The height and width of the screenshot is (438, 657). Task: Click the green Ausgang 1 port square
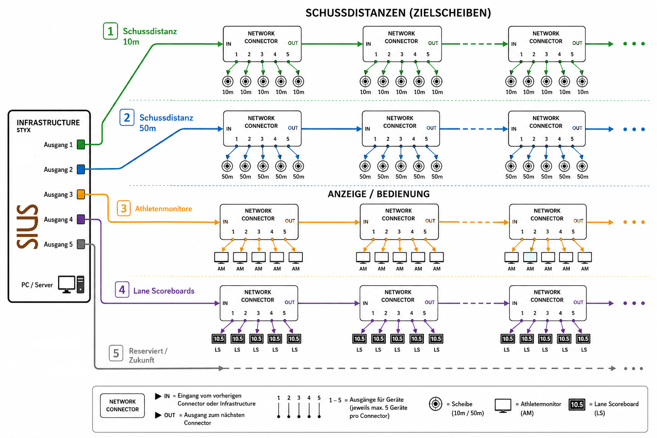81,144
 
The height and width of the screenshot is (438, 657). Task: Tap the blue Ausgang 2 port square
81,169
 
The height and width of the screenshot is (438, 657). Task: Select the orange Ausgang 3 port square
81,194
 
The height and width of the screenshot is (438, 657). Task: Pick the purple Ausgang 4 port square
81,219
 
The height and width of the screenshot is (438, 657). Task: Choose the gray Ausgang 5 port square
81,244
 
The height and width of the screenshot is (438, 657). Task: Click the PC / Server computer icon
71,284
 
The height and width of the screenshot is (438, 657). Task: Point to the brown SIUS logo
27,227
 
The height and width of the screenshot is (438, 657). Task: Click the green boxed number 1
111,31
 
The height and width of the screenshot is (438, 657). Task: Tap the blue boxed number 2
127,117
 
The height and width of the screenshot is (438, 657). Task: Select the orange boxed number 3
124,209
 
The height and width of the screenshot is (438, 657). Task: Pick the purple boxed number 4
122,290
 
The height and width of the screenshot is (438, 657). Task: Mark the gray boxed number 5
116,353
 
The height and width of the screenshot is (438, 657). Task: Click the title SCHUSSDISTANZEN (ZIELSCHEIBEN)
398,13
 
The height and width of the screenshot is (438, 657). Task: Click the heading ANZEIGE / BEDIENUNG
379,194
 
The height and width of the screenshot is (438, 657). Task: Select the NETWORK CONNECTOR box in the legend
122,405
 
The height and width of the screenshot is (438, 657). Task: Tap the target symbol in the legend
435,404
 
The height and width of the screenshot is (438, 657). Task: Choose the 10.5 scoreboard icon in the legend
577,405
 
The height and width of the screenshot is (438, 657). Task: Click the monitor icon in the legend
503,405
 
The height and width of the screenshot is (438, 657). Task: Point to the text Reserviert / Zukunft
148,355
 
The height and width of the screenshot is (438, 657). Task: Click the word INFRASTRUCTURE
48,123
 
